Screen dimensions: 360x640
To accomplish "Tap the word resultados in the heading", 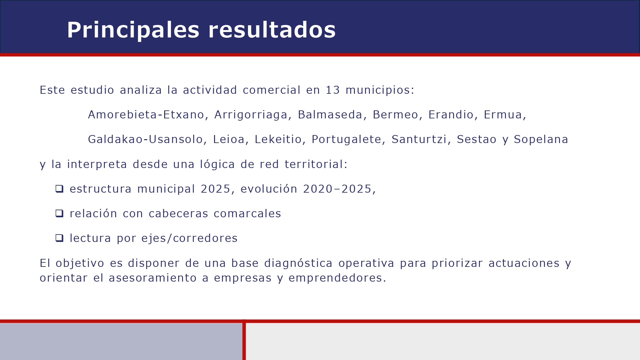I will point(272,30).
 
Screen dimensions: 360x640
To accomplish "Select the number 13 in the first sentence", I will point(332,90).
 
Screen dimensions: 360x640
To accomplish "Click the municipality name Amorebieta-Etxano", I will point(146,115).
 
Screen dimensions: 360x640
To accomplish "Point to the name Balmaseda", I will point(330,115).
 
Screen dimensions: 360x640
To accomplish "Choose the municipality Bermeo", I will point(395,115).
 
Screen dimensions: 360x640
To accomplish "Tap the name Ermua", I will point(503,115).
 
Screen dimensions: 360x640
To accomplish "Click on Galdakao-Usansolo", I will point(145,140).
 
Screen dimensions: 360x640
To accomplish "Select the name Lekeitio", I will point(278,140).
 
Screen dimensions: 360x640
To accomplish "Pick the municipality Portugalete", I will point(346,140).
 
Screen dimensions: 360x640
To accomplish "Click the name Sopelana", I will point(541,140).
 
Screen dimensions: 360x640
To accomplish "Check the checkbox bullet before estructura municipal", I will point(60,189).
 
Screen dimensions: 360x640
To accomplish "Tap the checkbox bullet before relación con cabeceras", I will point(60,213).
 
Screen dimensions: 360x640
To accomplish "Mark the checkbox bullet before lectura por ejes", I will point(60,238).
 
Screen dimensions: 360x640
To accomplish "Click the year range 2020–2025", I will point(337,189).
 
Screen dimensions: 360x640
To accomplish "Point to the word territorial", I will point(314,164).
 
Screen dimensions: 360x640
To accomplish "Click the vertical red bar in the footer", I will point(244,341).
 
